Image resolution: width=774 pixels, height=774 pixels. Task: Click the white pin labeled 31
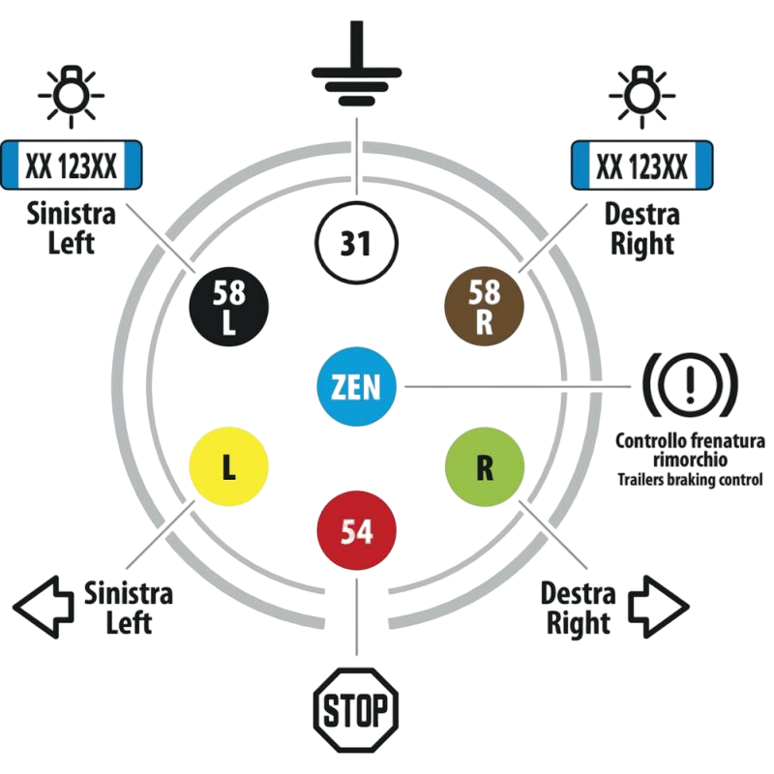pyautogui.click(x=357, y=242)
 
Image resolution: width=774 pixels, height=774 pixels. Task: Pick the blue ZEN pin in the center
pyautogui.click(x=357, y=388)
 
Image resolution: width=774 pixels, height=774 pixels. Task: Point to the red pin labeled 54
pyautogui.click(x=357, y=532)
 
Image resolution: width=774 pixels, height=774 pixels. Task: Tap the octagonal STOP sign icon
pyautogui.click(x=357, y=714)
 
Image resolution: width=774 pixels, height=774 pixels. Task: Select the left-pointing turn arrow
pyautogui.click(x=44, y=606)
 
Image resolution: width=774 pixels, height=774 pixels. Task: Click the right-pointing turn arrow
pyautogui.click(x=658, y=606)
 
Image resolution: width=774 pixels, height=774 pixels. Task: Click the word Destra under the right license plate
pyautogui.click(x=641, y=213)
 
